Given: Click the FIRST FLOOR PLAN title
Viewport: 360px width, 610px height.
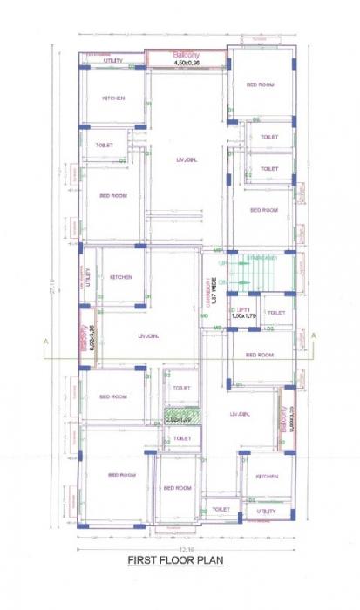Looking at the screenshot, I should tap(175, 561).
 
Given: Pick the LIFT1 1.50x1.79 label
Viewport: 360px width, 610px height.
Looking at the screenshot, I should tap(242, 313).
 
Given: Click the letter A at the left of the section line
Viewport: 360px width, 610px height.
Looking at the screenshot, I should tap(45, 342).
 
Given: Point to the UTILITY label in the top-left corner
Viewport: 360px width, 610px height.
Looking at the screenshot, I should tap(113, 61).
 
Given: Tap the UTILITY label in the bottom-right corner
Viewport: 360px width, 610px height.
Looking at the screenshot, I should tap(267, 511).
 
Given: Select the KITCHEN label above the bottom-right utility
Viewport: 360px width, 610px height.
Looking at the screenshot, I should tap(267, 477).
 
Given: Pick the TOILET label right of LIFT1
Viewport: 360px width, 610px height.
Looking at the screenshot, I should tap(275, 313).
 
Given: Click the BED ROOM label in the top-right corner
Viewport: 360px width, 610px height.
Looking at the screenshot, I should tap(261, 85).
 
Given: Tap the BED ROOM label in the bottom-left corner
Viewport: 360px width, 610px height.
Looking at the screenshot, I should tap(121, 475).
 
